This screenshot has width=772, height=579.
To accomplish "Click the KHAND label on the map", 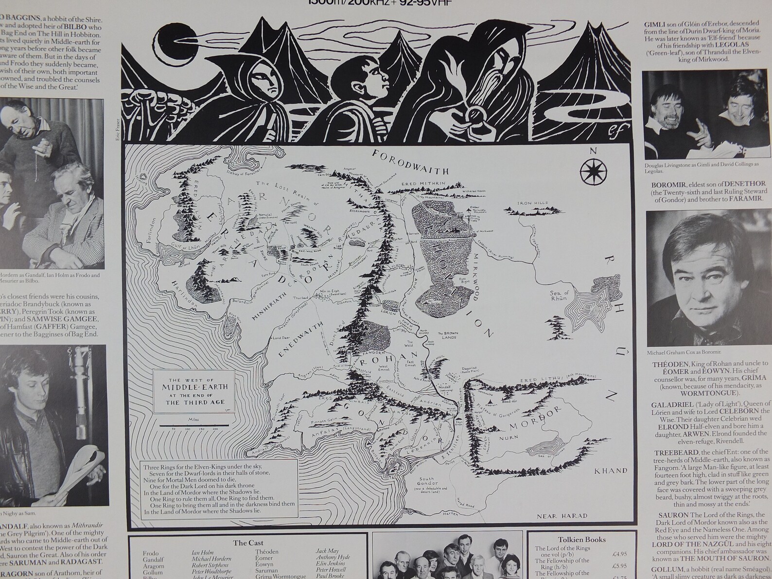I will point(611,471).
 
